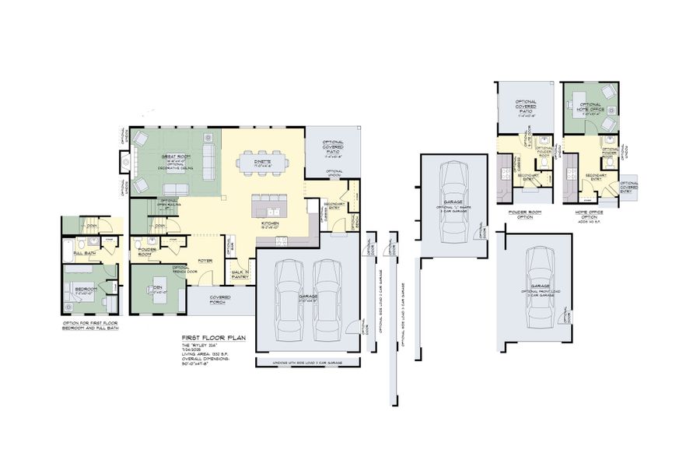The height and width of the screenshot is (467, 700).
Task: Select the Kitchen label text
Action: point(270,223)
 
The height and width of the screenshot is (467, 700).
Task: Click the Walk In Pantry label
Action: point(239,274)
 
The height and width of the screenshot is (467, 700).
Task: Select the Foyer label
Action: point(205,261)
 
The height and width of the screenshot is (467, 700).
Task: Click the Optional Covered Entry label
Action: point(628,186)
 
